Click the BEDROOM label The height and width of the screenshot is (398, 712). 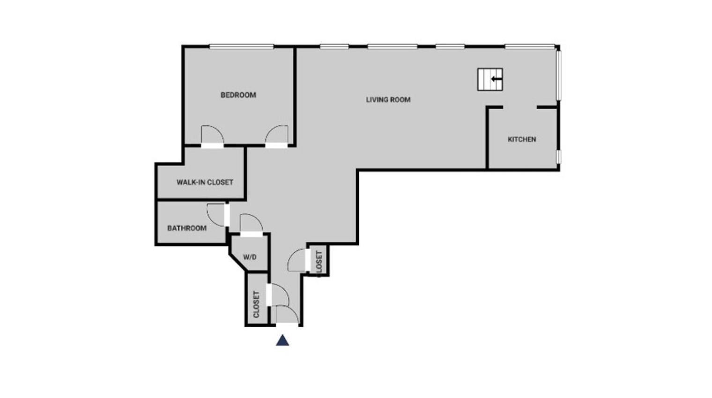[x=238, y=95]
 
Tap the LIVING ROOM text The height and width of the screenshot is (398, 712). [x=388, y=100]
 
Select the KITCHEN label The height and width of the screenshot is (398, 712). [x=522, y=140]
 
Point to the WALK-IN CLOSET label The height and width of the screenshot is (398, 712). [x=205, y=182]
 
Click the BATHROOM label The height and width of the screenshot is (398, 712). [x=187, y=228]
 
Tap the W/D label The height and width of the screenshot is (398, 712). [x=250, y=257]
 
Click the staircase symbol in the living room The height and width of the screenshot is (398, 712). [x=490, y=79]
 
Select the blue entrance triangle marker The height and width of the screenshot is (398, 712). [x=282, y=340]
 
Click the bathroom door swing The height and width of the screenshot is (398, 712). [x=216, y=214]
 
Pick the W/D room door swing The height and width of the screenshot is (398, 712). [x=251, y=223]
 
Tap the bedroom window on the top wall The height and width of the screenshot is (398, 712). [x=241, y=46]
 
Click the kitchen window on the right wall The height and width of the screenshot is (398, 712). [x=558, y=156]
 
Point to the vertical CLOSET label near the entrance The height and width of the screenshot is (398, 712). [x=256, y=304]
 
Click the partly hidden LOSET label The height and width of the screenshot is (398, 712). [x=319, y=261]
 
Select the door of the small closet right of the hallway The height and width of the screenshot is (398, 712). [x=297, y=260]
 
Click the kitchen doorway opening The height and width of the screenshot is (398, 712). [x=520, y=108]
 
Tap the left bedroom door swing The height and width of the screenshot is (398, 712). [x=212, y=135]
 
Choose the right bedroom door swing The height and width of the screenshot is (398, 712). [x=277, y=135]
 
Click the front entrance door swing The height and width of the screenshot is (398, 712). [x=286, y=314]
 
